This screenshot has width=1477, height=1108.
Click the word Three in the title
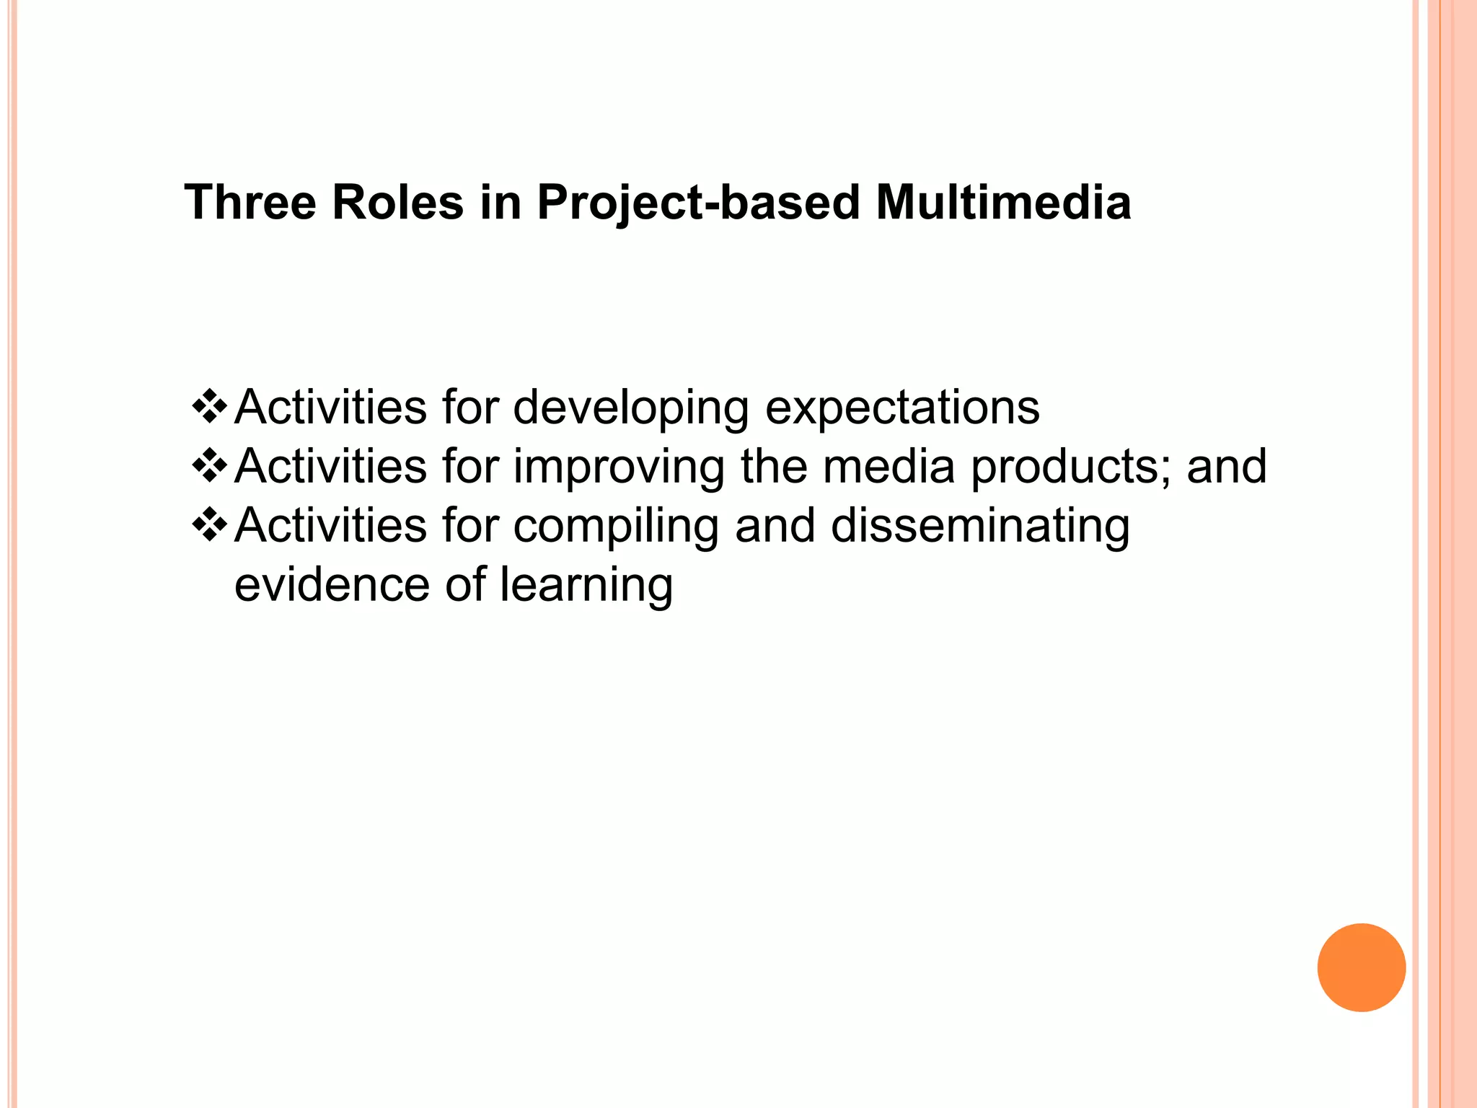tap(250, 203)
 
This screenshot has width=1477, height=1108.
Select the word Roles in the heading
tap(397, 203)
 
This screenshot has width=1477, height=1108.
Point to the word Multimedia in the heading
tap(1003, 203)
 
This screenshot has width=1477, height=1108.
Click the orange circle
tap(1361, 967)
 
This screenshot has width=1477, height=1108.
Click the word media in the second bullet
tap(889, 466)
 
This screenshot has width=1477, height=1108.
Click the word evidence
tap(332, 584)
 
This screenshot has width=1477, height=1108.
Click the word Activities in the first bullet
tap(330, 408)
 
